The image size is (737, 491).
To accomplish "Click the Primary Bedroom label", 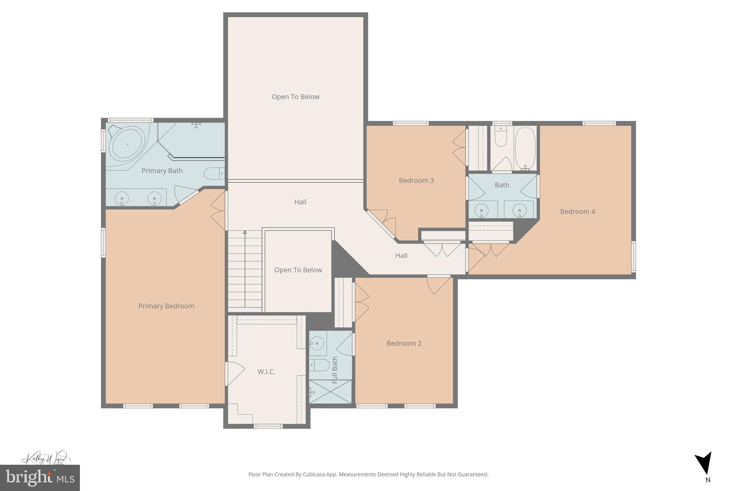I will pyautogui.click(x=166, y=306).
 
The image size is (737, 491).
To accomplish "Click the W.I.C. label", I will pyautogui.click(x=266, y=372).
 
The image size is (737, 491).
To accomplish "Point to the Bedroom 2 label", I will pyautogui.click(x=404, y=344).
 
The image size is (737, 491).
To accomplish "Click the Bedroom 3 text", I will pyautogui.click(x=416, y=181).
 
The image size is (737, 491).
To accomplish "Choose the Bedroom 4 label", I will pyautogui.click(x=577, y=212).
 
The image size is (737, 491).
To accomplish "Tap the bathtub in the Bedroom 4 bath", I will pyautogui.click(x=525, y=148).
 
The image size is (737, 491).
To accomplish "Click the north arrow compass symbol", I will pyautogui.click(x=704, y=464).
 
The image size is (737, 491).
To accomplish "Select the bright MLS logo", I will pyautogui.click(x=40, y=478).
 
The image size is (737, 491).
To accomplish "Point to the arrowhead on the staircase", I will pyautogui.click(x=245, y=232).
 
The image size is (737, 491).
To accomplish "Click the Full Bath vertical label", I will pyautogui.click(x=335, y=370).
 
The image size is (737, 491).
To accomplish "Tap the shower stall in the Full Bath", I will pyautogui.click(x=330, y=391).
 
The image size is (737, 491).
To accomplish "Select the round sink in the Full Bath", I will pyautogui.click(x=317, y=344).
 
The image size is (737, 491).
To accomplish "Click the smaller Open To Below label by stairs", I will pyautogui.click(x=298, y=270).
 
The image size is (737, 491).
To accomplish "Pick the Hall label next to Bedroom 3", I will pyautogui.click(x=401, y=256).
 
